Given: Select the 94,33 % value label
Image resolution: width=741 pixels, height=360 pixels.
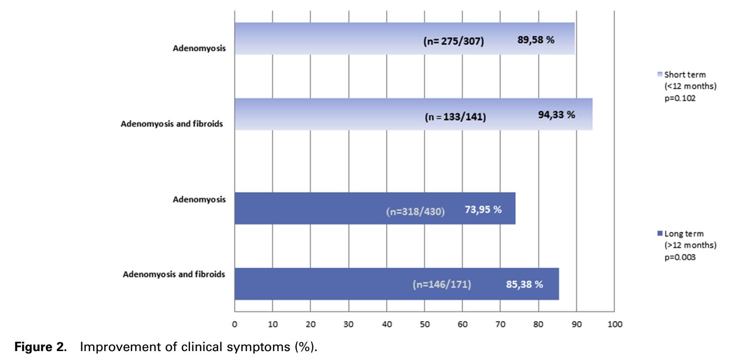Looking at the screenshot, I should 557,115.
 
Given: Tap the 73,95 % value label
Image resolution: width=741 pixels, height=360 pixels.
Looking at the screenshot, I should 483,210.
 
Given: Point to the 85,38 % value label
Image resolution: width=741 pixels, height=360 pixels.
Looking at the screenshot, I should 524,284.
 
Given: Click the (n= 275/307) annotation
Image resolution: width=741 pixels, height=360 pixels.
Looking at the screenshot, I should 454,41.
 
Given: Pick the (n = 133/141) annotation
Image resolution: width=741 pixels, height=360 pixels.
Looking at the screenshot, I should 455,117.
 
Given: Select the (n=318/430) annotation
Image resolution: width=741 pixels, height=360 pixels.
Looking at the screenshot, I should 415,211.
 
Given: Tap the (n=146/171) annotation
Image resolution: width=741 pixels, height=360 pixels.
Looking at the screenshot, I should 441,284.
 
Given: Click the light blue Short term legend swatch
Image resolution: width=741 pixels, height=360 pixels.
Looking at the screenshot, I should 660,75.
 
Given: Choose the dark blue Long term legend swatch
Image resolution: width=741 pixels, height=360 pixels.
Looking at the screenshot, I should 660,234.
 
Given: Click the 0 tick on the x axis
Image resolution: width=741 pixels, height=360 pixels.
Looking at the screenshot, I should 235,324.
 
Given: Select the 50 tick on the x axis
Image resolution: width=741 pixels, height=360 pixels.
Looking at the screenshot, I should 425,324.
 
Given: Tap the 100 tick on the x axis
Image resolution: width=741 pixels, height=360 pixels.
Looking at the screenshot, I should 615,324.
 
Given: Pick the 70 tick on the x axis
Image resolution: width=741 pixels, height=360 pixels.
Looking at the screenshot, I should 500,324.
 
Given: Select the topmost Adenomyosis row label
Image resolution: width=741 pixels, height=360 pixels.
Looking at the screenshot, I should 199,48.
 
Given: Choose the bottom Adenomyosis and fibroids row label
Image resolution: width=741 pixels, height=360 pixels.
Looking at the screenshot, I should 174,274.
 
